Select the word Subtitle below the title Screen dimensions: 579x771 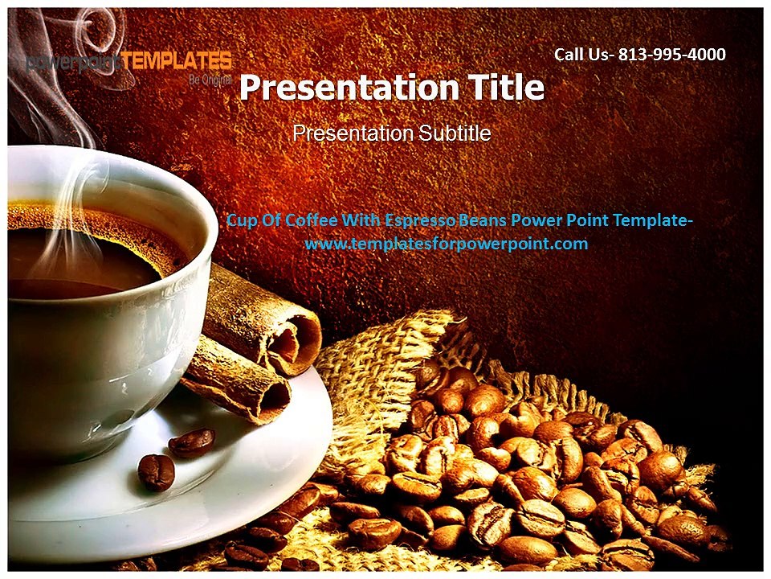tap(451, 133)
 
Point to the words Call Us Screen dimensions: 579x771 tap(581, 55)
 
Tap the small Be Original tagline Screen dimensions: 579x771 tap(210, 80)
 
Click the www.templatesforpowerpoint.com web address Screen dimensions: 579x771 tap(447, 244)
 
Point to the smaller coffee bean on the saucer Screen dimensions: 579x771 tap(156, 472)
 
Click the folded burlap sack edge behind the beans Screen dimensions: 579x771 tap(377, 354)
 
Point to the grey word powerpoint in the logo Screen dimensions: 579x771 tap(73, 63)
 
